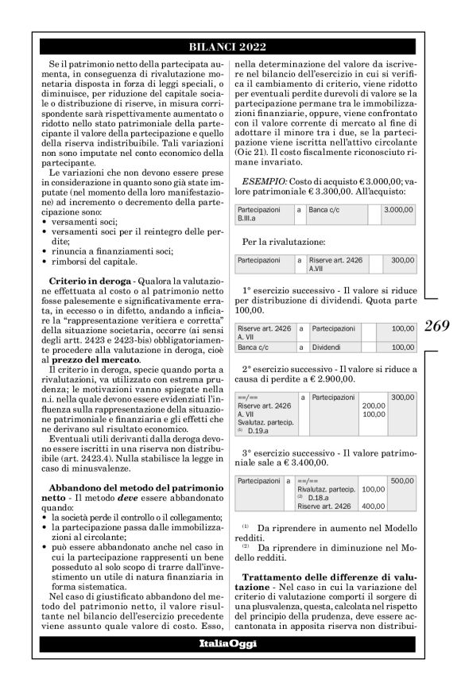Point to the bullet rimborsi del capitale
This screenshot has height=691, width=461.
click(x=83, y=262)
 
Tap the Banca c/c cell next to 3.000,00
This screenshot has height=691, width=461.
click(x=327, y=209)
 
